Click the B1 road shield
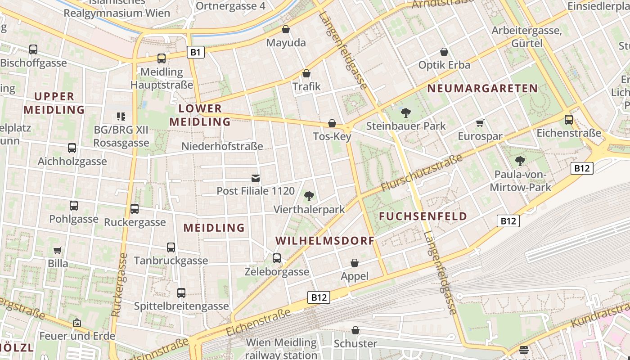195,52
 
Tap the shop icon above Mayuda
285,30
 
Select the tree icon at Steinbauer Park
406,112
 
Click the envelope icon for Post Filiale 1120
256,178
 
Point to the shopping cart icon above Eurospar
480,123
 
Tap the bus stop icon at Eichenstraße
569,120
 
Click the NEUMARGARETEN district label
482,88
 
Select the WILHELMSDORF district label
325,241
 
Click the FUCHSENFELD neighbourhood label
423,216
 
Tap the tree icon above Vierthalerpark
309,196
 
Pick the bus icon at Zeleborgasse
277,258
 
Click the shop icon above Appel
355,263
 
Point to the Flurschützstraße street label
422,173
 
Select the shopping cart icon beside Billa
58,250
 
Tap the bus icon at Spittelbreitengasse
181,293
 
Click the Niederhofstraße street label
222,146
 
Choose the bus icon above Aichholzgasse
72,148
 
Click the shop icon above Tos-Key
332,123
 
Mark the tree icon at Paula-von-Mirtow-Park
520,161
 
